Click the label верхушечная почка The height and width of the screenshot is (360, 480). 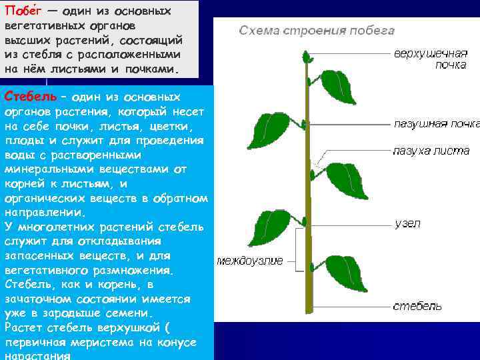click(430, 58)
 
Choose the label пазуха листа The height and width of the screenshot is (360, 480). click(431, 151)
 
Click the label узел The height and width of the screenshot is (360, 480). click(407, 224)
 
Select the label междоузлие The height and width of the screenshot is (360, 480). click(250, 261)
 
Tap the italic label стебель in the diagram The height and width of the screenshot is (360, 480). click(417, 306)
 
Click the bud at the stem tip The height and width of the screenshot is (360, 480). click(308, 58)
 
